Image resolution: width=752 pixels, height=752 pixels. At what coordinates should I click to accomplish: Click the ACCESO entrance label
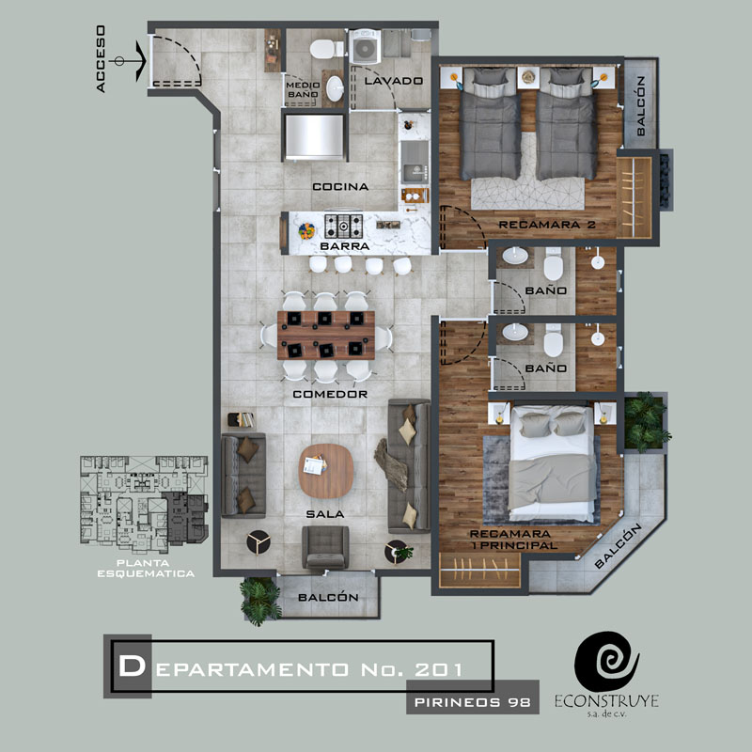coord(101,59)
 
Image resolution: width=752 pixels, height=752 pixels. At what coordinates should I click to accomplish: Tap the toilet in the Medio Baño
coord(326,49)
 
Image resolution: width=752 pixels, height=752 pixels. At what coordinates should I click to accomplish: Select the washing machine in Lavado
coord(365,46)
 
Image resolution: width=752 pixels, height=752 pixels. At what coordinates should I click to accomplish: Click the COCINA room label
coord(340,186)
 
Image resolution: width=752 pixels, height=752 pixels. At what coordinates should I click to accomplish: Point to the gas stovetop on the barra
coord(343,227)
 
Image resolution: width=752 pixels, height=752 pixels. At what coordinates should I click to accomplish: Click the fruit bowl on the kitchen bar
coord(306,231)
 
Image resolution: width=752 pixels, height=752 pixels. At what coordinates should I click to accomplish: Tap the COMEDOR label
coord(330,394)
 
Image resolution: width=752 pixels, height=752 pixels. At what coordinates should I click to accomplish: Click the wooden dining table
coord(326,336)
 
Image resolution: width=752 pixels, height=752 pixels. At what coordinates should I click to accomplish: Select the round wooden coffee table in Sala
coord(326,471)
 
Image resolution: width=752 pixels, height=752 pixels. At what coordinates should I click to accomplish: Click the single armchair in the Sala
coord(325,547)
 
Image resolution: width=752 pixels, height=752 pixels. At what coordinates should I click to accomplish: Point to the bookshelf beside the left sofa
coord(241,419)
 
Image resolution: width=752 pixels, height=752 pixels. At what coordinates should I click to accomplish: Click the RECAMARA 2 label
coord(547,225)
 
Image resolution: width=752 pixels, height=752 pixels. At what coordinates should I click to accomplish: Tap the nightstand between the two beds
coord(528,78)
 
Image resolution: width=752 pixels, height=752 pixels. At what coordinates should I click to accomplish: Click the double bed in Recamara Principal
coord(552,463)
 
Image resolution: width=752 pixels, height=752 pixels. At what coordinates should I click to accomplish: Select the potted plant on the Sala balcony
coord(260,601)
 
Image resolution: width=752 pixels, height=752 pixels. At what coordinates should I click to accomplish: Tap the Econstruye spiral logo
coord(606,662)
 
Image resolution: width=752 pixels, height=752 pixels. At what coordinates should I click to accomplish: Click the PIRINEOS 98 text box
coord(473,702)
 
